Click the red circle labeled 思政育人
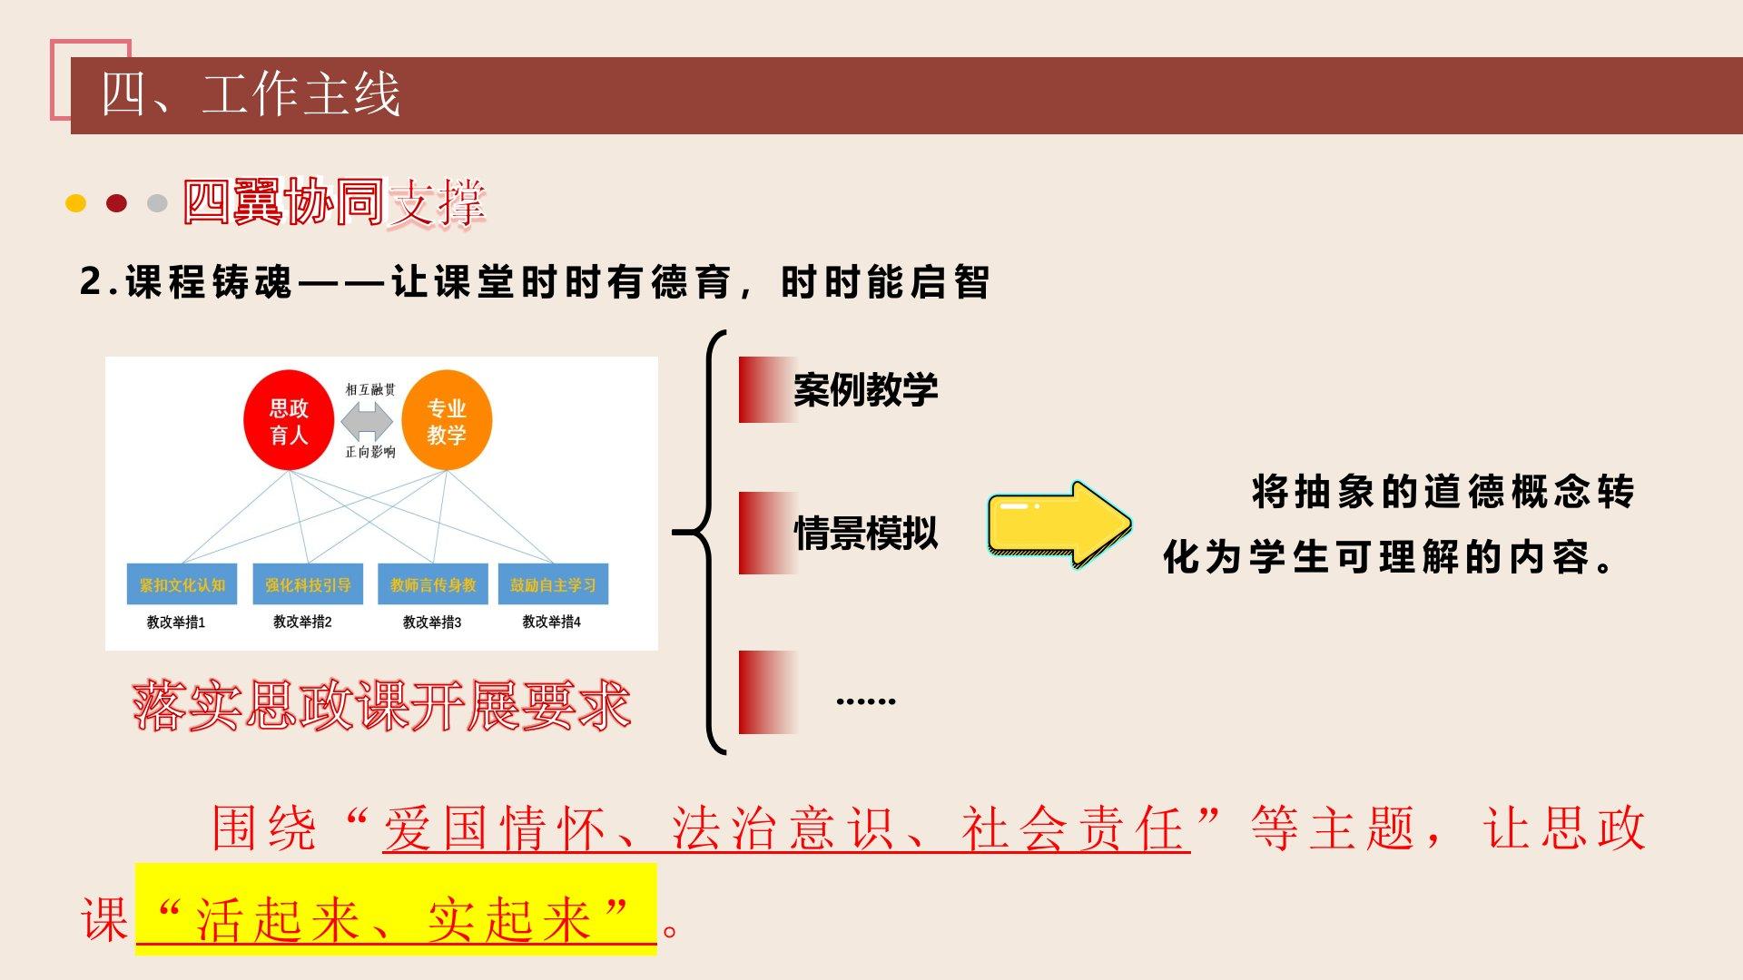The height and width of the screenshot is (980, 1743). (289, 419)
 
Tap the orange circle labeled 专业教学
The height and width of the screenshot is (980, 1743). (447, 419)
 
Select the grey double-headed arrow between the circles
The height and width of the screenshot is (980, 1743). (369, 421)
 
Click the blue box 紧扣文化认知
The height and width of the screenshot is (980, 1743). (182, 585)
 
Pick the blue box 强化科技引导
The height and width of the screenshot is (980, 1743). (308, 585)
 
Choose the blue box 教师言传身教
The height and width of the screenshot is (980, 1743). (433, 585)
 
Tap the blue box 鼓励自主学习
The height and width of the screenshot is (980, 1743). (553, 585)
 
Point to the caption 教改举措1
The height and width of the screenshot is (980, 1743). (176, 622)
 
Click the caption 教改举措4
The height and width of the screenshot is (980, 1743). (551, 622)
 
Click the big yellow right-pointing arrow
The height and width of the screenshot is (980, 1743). (1059, 524)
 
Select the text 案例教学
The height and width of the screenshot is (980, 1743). (865, 390)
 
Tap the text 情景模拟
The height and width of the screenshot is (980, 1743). (865, 534)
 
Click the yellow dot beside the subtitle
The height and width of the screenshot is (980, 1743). (76, 203)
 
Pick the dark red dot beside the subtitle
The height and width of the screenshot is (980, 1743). (116, 203)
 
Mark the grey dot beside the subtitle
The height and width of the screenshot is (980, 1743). (157, 203)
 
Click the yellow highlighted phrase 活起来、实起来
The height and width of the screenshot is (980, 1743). (396, 918)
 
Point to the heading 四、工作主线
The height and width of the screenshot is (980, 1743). (251, 94)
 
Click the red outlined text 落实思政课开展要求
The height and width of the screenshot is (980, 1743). (381, 706)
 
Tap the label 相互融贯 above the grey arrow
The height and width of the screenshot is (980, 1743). (370, 389)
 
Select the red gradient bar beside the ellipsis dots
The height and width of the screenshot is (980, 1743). (768, 692)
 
